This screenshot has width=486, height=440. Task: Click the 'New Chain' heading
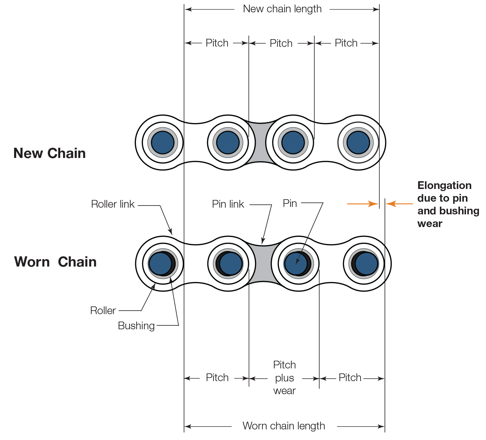click(x=49, y=153)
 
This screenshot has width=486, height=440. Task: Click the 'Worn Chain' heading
click(x=55, y=262)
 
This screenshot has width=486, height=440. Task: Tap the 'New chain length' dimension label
click(x=282, y=9)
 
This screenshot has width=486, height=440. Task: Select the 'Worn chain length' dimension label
click(x=283, y=426)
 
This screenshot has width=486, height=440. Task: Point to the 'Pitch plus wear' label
click(x=285, y=378)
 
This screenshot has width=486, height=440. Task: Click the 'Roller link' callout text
click(x=113, y=204)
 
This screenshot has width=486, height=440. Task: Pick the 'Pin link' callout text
click(x=228, y=204)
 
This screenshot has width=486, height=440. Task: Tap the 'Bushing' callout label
click(x=136, y=326)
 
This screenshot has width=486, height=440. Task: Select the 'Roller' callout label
click(x=103, y=311)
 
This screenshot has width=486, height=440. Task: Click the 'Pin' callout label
click(x=290, y=203)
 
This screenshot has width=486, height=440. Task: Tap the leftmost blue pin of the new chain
click(x=163, y=142)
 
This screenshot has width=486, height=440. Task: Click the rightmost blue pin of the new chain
click(x=358, y=142)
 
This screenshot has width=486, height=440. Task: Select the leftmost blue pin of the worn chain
click(x=160, y=263)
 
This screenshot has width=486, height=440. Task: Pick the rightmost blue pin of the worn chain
click(x=366, y=263)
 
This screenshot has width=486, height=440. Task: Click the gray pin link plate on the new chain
click(x=260, y=142)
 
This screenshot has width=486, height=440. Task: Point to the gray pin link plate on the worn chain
click(x=263, y=263)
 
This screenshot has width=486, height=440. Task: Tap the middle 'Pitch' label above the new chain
click(x=281, y=43)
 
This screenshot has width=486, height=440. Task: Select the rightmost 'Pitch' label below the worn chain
click(x=350, y=378)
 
